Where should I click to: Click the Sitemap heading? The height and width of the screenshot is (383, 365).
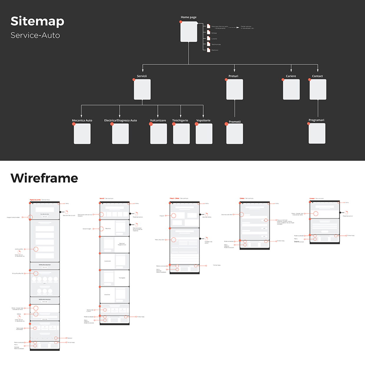pos(37,21)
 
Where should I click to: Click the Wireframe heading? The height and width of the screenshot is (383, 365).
pos(44,178)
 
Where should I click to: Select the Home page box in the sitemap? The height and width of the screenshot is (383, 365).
pos(189,32)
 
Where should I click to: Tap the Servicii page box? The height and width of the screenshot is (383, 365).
pos(142,89)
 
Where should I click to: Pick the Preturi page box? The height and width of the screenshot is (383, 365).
pos(235,89)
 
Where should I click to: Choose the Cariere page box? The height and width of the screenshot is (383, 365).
pos(291,89)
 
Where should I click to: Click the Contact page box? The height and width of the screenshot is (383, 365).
pos(318,89)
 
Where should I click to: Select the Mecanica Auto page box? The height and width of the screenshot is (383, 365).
pos(82,134)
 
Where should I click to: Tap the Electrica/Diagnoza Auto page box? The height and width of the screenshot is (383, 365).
pos(120,134)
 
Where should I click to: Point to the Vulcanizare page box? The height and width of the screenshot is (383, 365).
pos(158,134)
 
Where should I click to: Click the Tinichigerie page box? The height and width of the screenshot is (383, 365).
pos(181,134)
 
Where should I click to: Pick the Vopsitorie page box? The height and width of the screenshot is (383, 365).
pos(204,134)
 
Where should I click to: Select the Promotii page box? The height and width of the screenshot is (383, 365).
pos(235,134)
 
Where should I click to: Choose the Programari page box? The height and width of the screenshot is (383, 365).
pos(317,133)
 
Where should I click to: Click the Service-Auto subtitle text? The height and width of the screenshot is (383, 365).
pos(35,35)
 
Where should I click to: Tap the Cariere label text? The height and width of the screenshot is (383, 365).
pos(291,76)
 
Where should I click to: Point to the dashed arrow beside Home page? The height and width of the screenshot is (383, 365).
pos(234,27)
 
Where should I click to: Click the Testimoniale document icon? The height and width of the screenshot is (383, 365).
pos(208,44)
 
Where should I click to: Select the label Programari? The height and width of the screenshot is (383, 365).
pos(316,120)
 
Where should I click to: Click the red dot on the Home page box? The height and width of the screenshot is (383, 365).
pos(181,22)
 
